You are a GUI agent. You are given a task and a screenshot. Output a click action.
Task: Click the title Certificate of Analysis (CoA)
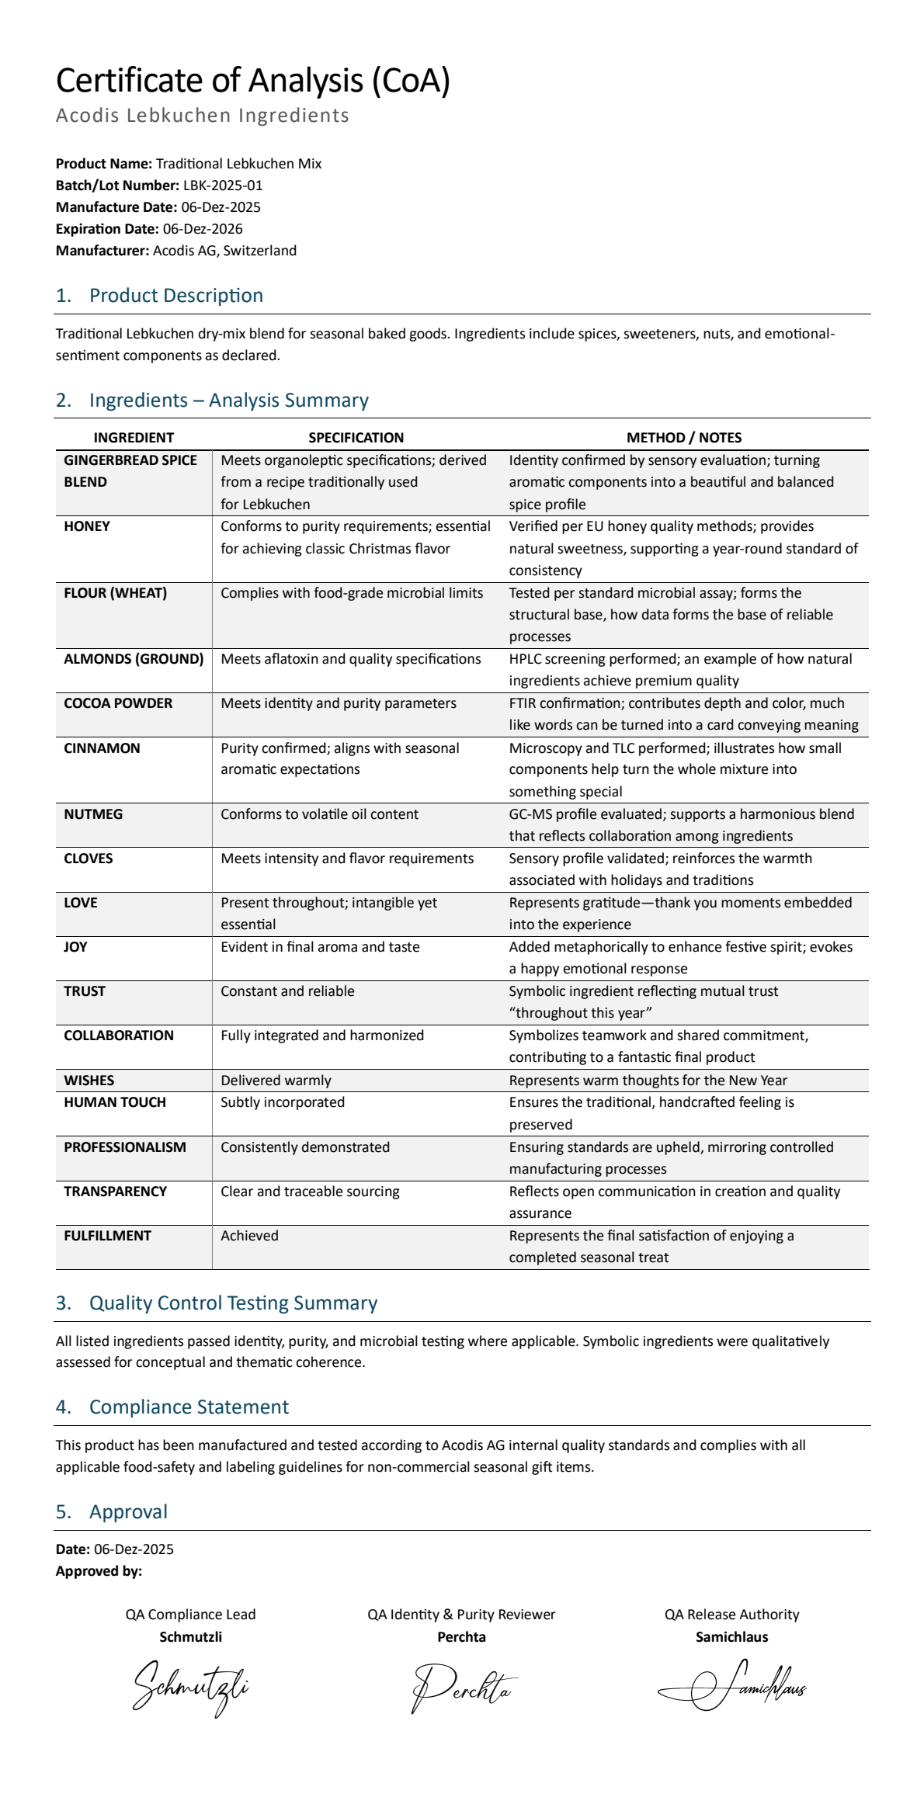pyautogui.click(x=253, y=81)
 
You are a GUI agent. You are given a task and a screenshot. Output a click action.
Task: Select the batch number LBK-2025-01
pyautogui.click(x=223, y=186)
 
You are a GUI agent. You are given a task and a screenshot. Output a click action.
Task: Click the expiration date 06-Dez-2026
pyautogui.click(x=203, y=229)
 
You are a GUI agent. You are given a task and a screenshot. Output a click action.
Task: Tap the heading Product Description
pyautogui.click(x=175, y=296)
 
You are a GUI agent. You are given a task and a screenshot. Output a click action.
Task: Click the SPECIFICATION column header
pyautogui.click(x=356, y=437)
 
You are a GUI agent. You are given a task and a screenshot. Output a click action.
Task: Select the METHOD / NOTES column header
pyautogui.click(x=684, y=437)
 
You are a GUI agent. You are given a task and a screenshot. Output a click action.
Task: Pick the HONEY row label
pyautogui.click(x=87, y=526)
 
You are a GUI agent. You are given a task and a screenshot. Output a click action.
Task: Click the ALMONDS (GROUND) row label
pyautogui.click(x=134, y=659)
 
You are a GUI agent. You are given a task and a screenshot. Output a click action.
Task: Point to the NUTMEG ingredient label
pyautogui.click(x=89, y=814)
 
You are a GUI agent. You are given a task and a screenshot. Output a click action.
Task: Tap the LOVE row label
pyautogui.click(x=81, y=903)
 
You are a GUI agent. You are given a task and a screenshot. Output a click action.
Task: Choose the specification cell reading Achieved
pyautogui.click(x=249, y=1236)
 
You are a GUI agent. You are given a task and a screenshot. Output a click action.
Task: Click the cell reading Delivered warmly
pyautogui.click(x=276, y=1081)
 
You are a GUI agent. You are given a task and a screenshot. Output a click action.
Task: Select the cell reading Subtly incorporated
pyautogui.click(x=283, y=1102)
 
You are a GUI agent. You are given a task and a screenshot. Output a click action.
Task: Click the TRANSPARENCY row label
pyautogui.click(x=115, y=1192)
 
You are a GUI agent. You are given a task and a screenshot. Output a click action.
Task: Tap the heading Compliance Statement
pyautogui.click(x=189, y=1407)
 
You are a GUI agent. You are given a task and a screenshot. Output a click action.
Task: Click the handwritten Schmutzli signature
pyautogui.click(x=191, y=1688)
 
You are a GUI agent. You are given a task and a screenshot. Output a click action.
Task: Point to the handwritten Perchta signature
pyautogui.click(x=463, y=1688)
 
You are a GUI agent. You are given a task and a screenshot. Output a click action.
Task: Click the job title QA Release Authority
pyautogui.click(x=731, y=1615)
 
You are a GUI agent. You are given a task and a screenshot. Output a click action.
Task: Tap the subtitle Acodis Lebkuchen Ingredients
pyautogui.click(x=203, y=116)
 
